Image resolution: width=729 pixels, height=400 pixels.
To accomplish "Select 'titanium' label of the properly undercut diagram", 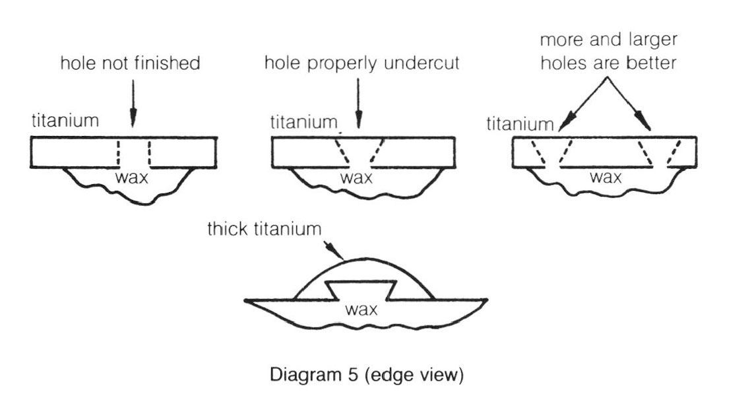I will (x=303, y=123).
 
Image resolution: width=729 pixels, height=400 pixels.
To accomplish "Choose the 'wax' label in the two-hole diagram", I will (x=605, y=177).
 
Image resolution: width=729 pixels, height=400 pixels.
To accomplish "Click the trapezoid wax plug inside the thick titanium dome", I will (x=362, y=288).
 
